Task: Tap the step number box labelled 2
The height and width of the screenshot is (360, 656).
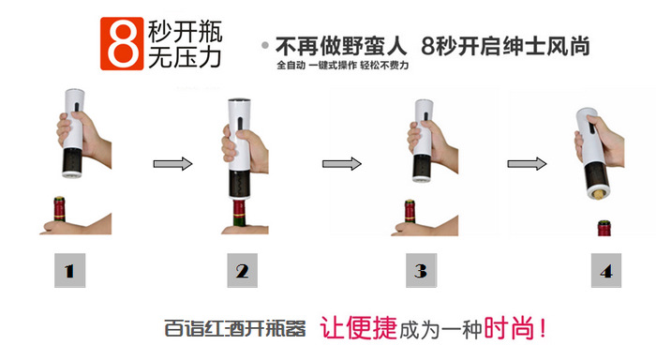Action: click(242, 273)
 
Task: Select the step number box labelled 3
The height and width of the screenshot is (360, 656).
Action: click(421, 273)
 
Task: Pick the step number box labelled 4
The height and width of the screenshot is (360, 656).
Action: click(604, 273)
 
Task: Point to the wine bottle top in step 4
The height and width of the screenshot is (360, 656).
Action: click(604, 228)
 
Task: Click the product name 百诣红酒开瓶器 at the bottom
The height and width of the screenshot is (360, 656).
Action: click(235, 330)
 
